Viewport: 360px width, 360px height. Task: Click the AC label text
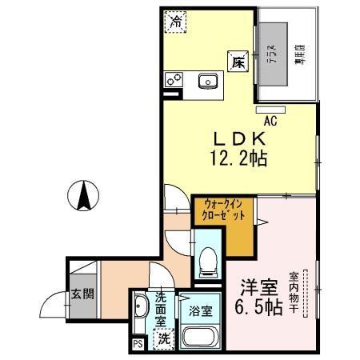pyautogui.click(x=270, y=121)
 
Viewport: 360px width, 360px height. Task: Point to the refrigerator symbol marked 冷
pyautogui.click(x=174, y=22)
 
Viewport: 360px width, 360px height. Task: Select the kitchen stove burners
pyautogui.click(x=175, y=80)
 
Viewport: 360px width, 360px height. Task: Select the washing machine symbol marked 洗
pyautogui.click(x=164, y=339)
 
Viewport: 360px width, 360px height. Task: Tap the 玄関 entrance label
pyautogui.click(x=82, y=293)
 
